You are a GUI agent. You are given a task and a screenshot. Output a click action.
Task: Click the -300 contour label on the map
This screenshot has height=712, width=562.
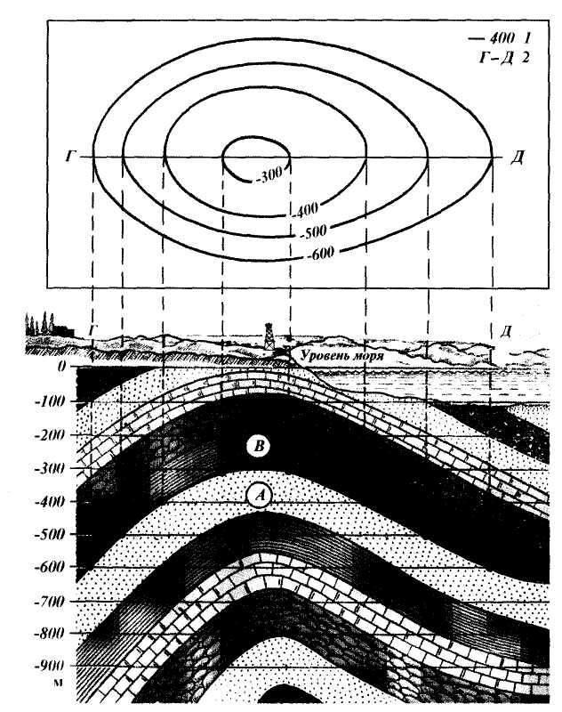269,174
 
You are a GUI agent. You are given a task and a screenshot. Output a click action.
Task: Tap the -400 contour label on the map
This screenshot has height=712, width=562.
305,209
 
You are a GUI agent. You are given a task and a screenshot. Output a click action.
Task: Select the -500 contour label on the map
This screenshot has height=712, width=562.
313,231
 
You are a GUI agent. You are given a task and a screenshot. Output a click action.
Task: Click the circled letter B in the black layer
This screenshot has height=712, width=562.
259,447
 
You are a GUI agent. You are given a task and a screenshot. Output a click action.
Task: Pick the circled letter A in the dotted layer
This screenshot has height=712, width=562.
260,496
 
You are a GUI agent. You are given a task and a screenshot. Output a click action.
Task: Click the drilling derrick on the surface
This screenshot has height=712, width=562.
270,336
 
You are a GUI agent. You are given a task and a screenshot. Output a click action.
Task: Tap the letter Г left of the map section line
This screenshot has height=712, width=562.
69,158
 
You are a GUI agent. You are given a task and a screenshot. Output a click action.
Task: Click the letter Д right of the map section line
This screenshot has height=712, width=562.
517,158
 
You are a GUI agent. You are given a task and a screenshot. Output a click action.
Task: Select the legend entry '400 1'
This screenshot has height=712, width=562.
499,37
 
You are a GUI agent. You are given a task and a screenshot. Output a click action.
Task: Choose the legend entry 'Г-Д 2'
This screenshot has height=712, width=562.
503,58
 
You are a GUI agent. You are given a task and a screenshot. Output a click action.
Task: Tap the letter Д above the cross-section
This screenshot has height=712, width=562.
506,331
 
